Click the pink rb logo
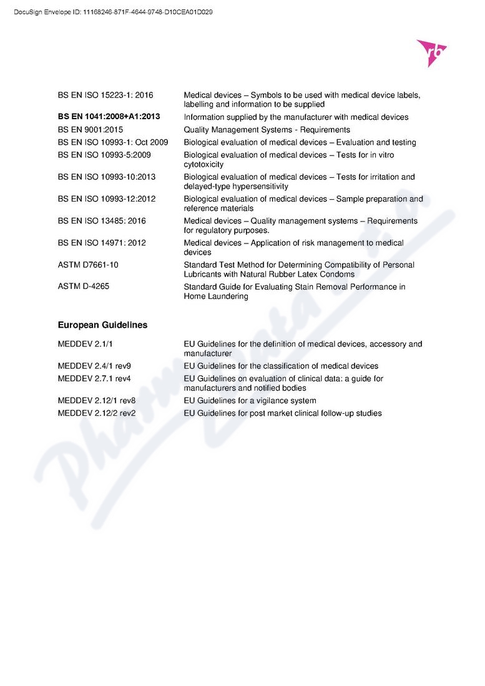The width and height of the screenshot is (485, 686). tap(432, 52)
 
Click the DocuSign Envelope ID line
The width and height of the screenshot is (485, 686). tap(113, 11)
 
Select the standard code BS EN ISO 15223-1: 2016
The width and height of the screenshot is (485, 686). tap(105, 95)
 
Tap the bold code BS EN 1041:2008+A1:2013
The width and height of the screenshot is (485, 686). tap(109, 117)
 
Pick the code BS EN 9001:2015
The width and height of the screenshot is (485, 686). tap(91, 130)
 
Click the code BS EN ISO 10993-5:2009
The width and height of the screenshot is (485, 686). tap(104, 155)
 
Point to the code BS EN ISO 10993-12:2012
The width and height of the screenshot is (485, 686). tap(107, 199)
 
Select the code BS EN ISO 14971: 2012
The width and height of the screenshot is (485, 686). tap(103, 243)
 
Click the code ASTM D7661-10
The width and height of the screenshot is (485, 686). tap(88, 265)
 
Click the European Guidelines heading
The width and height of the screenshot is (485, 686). tap(102, 325)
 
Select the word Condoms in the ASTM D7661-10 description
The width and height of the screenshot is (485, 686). tap(338, 274)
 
